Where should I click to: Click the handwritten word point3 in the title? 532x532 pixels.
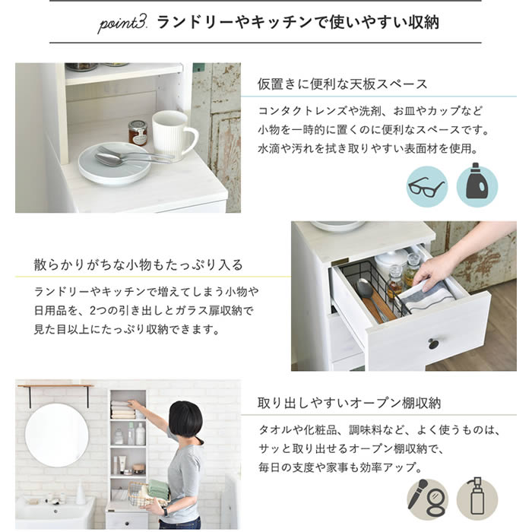(x=122, y=24)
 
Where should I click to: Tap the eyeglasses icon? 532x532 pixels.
(x=426, y=187)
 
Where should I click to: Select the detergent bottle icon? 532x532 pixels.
(x=477, y=186)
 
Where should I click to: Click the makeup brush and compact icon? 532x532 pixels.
(x=427, y=499)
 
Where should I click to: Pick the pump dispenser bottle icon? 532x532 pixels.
(x=477, y=499)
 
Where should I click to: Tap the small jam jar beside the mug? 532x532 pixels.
(x=138, y=133)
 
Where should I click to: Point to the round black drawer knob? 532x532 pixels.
(x=433, y=344)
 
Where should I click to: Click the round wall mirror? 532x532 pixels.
(x=57, y=435)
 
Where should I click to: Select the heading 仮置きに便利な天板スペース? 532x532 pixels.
(x=342, y=84)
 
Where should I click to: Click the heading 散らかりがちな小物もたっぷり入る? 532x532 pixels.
(x=138, y=265)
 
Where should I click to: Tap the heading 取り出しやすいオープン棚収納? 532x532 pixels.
(x=349, y=403)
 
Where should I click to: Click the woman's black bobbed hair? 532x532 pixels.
(x=185, y=419)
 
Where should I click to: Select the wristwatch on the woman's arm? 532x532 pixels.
(x=165, y=511)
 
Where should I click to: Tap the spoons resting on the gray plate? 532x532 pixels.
(x=133, y=157)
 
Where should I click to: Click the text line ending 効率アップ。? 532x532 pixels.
(x=340, y=467)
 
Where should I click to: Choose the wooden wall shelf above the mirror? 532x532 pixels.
(x=55, y=387)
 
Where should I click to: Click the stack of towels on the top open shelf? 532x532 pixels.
(x=124, y=409)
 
